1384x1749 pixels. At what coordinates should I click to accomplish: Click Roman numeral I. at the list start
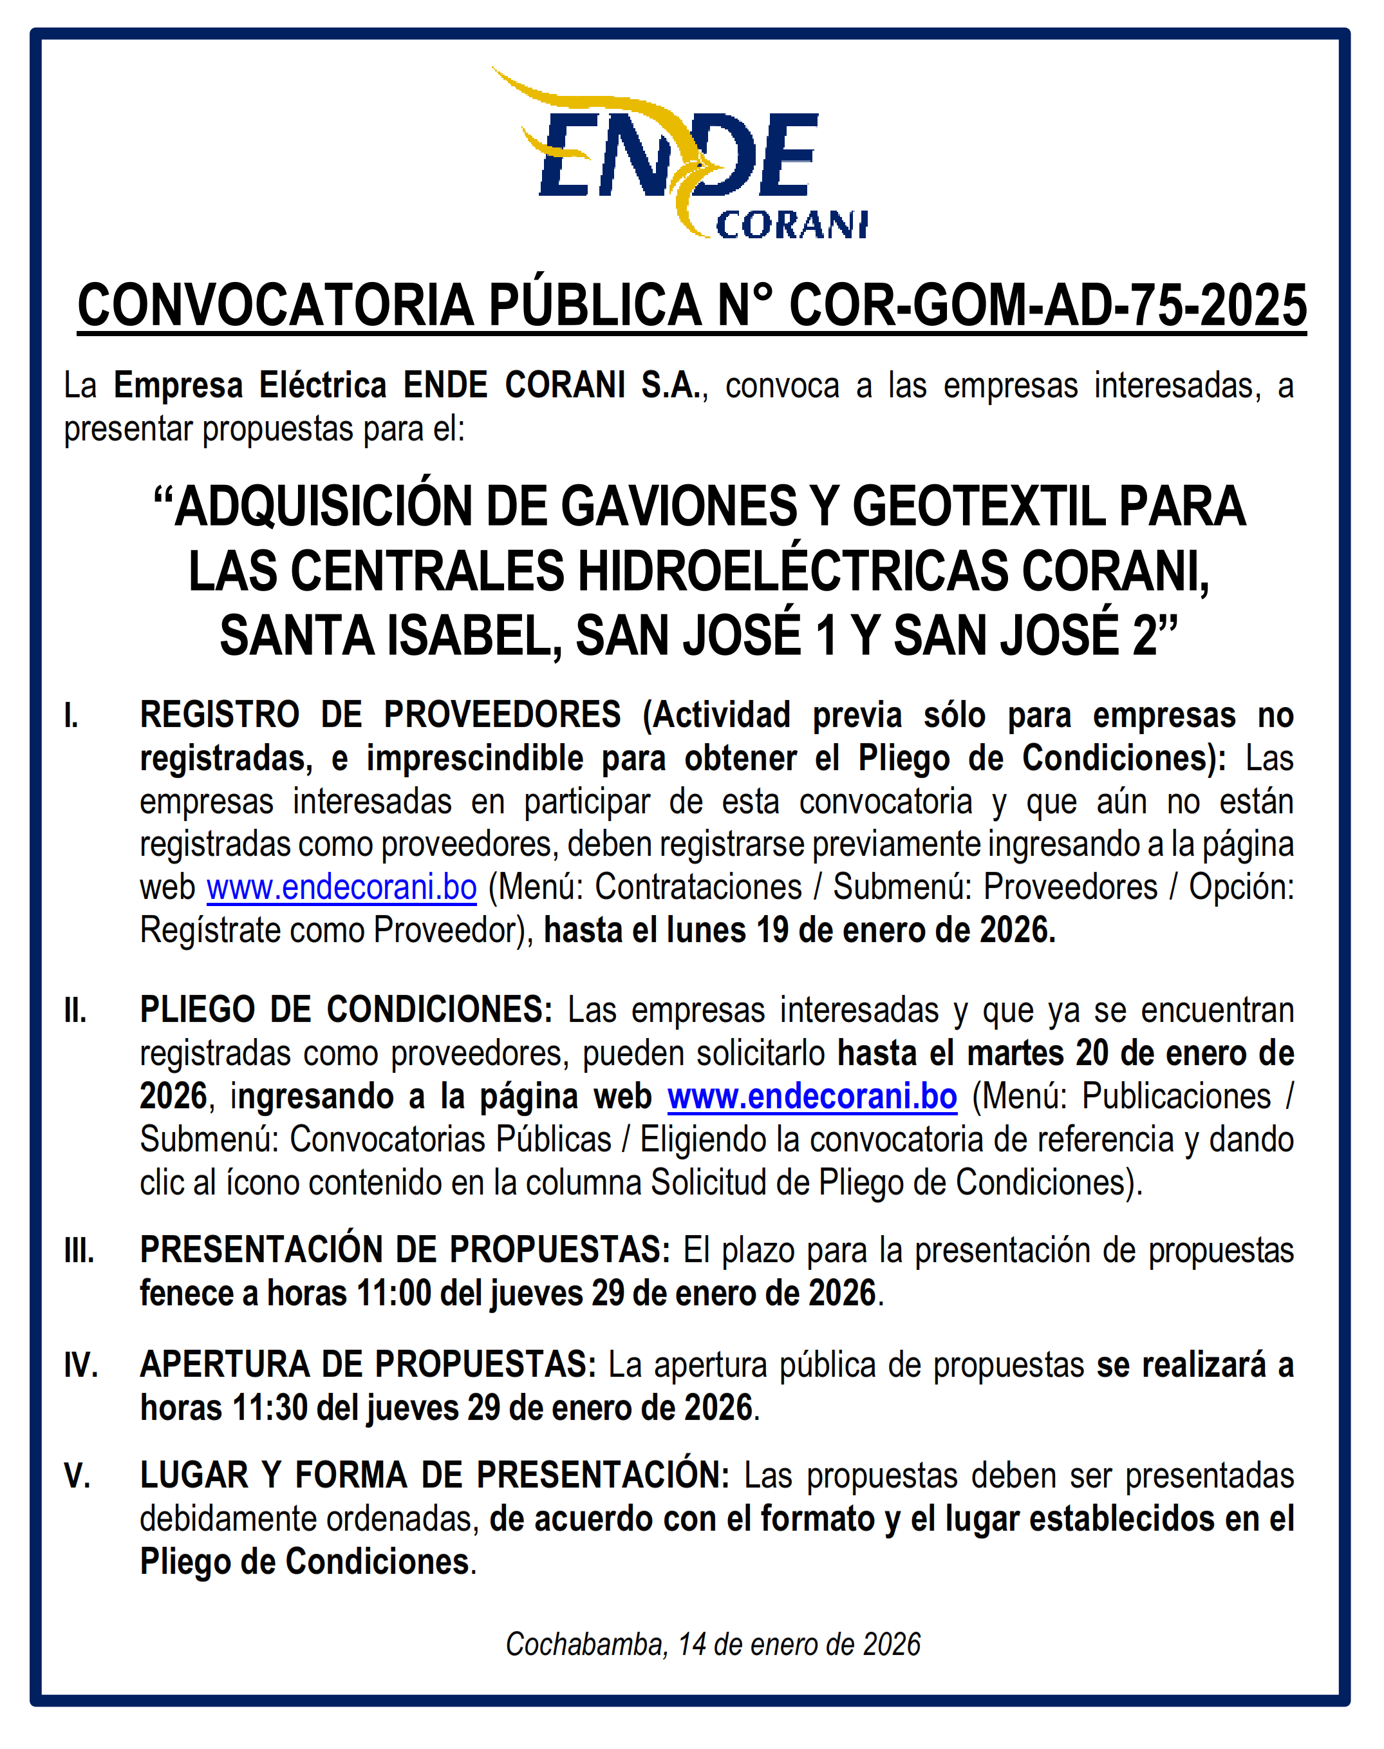tap(71, 715)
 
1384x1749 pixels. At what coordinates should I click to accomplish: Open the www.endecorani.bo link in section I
tap(341, 887)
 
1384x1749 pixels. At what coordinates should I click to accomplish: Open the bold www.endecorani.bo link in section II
tap(812, 1096)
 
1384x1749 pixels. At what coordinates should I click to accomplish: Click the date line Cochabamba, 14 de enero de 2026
tap(713, 1645)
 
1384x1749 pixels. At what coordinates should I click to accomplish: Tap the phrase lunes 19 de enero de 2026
tap(861, 930)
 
